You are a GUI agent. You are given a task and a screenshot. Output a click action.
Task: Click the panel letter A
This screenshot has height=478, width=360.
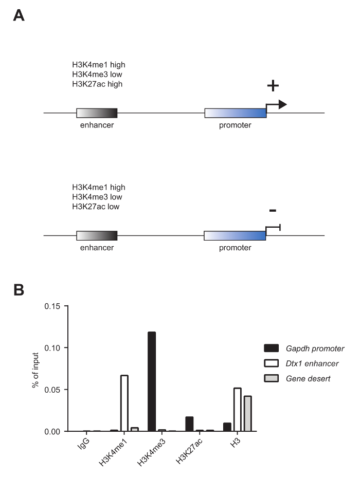[x=19, y=15]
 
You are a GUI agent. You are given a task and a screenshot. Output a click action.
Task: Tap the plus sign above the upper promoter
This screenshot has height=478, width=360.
[x=273, y=86]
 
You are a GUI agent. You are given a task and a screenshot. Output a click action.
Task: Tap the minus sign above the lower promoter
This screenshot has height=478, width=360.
[x=273, y=210]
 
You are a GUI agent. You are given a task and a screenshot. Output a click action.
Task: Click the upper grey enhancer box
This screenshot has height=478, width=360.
[x=97, y=113]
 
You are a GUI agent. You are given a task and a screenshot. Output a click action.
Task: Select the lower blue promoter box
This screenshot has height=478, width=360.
[x=235, y=235]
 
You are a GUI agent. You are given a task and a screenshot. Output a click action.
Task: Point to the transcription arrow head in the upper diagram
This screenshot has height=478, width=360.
[x=282, y=105]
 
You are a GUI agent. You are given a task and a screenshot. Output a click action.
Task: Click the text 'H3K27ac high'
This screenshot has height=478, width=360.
[x=97, y=84]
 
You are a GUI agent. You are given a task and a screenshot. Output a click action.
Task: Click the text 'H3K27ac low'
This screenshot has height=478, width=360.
[x=96, y=206]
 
